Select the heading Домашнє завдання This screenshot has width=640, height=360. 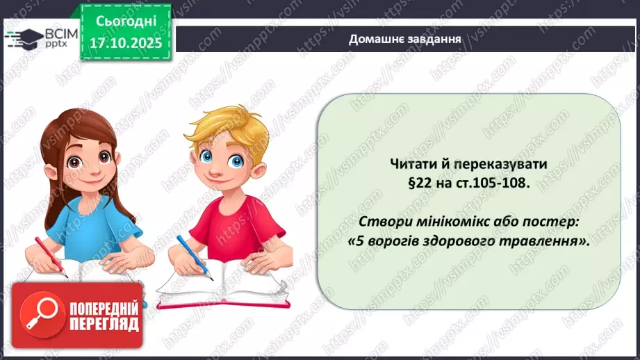(405, 39)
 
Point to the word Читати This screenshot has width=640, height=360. (411, 164)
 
